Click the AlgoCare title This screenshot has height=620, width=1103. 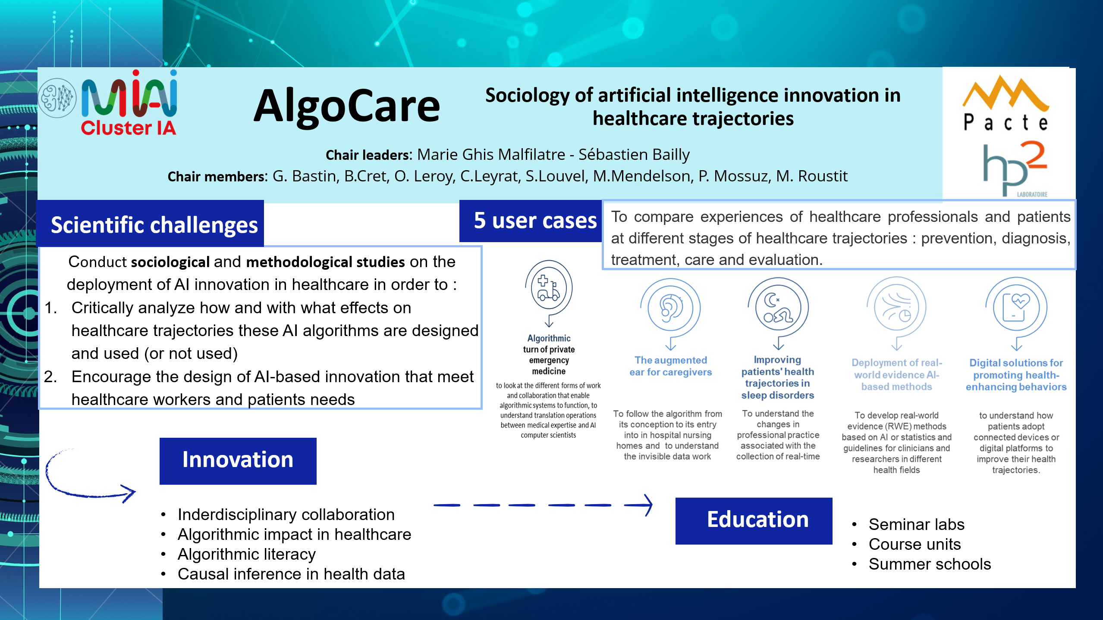tap(346, 106)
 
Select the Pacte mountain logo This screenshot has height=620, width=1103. tap(1006, 103)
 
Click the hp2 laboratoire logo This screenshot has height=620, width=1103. tap(1015, 169)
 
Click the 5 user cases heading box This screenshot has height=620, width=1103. tap(531, 221)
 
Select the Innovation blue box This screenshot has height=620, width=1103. tap(238, 461)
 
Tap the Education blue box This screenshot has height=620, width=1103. tap(754, 520)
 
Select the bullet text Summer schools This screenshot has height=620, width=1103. tap(930, 564)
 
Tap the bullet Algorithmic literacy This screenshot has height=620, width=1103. tap(246, 554)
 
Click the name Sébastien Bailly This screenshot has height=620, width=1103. tap(634, 154)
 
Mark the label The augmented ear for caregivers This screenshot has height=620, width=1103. tap(670, 366)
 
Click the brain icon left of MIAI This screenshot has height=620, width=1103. tap(57, 98)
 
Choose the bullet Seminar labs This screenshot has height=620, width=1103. tap(916, 524)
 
